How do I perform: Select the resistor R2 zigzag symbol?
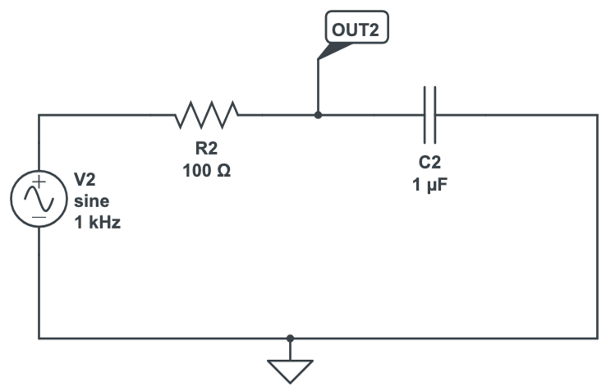[x=207, y=115]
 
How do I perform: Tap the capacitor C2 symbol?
[x=429, y=115]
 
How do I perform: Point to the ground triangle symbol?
[x=291, y=371]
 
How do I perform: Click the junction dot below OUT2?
[x=318, y=115]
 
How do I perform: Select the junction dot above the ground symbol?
[x=291, y=338]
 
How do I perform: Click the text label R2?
[x=206, y=150]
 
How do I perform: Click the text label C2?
[x=429, y=164]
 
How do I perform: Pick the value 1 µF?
[x=429, y=185]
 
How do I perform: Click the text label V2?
[x=85, y=178]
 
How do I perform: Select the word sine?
[x=90, y=201]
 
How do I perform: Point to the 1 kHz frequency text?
[x=97, y=222]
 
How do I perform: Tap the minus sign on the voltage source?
[x=39, y=219]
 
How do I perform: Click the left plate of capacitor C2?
[x=425, y=115]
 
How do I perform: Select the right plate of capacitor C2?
[x=435, y=115]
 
